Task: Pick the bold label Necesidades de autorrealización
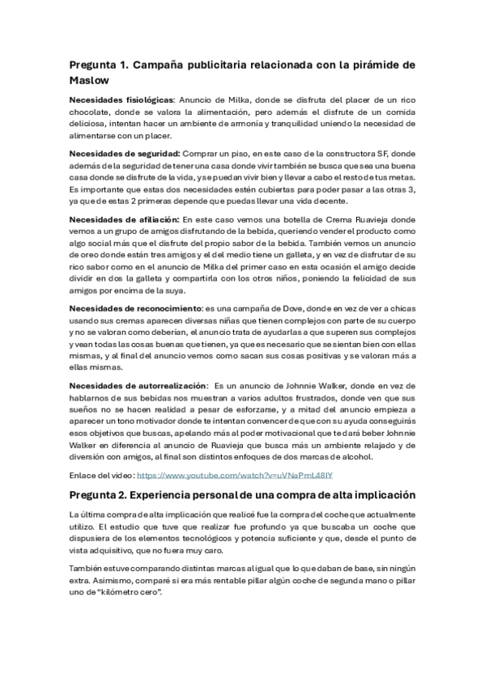(137, 386)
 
